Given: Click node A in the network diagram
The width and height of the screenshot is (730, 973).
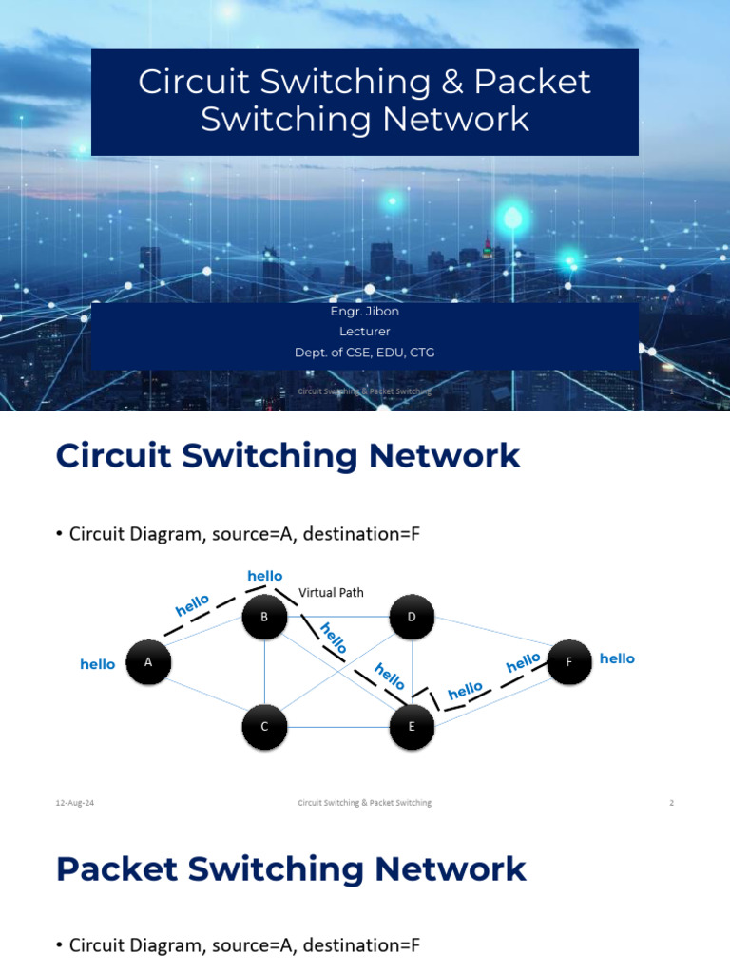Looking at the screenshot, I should tap(148, 664).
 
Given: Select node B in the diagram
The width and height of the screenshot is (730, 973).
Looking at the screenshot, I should tap(265, 619).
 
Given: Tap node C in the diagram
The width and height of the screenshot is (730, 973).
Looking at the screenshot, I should tap(265, 727).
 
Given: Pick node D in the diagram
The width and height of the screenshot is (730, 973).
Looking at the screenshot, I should tap(412, 619).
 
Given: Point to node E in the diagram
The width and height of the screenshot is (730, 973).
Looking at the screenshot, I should tap(412, 727).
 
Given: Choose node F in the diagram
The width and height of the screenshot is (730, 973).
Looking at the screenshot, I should tap(568, 662).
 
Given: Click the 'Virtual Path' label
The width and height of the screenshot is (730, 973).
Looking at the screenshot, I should tap(331, 592).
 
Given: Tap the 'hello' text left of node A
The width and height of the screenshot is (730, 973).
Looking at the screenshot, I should tap(98, 664).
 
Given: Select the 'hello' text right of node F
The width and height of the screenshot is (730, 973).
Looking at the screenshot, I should tap(617, 658).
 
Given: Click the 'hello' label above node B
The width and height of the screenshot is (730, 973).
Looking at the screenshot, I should tap(265, 576).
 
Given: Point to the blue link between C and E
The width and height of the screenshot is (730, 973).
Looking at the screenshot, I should tap(338, 728).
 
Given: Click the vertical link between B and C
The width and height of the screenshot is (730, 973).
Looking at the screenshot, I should tap(265, 673).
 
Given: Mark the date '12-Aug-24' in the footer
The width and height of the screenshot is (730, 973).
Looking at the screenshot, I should tap(75, 803).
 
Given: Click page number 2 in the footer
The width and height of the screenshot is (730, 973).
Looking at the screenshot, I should tap(671, 803).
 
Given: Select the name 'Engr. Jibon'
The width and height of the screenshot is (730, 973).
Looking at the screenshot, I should tap(365, 312).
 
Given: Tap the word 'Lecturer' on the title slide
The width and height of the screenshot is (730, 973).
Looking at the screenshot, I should tap(365, 332).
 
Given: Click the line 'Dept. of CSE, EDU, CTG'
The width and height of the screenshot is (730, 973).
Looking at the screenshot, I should tap(365, 353).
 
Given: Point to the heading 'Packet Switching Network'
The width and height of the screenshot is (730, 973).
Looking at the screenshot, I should tap(291, 868).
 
